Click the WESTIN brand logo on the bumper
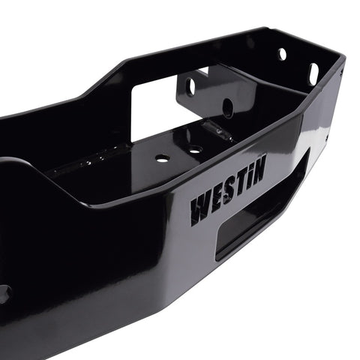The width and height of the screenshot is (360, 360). pyautogui.click(x=227, y=195)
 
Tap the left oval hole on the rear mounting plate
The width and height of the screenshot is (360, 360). pyautogui.click(x=190, y=86)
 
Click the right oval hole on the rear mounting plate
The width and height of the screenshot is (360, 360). pyautogui.click(x=227, y=107)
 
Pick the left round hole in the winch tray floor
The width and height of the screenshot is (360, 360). pyautogui.click(x=162, y=158)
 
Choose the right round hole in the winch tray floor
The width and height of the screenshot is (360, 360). pyautogui.click(x=195, y=150)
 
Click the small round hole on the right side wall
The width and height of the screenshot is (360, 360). pyautogui.click(x=282, y=53)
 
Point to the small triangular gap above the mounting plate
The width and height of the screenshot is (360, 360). pyautogui.click(x=203, y=70)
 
